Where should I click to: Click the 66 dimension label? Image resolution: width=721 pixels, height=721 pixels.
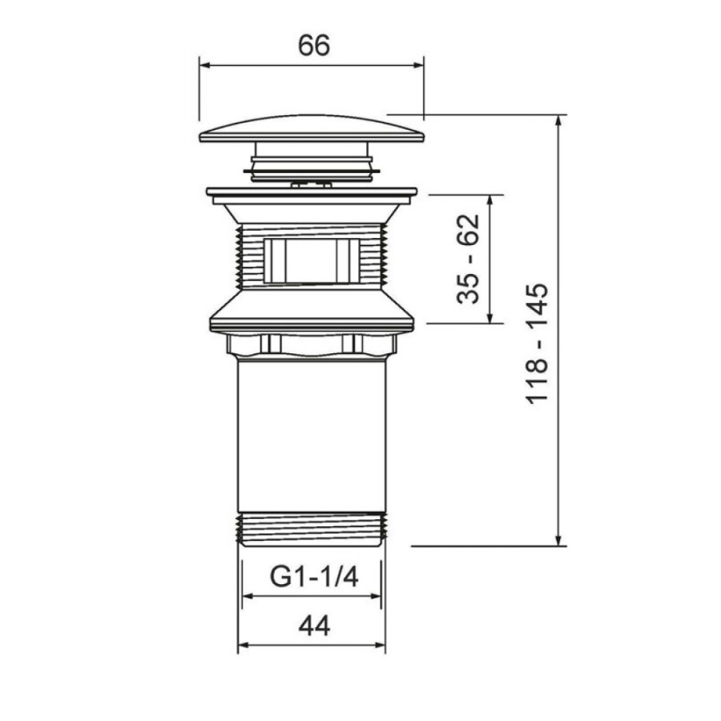(314, 46)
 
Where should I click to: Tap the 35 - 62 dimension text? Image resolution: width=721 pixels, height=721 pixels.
(468, 259)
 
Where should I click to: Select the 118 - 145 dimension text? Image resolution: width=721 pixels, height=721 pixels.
(537, 344)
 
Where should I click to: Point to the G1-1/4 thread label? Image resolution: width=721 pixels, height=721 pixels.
(314, 577)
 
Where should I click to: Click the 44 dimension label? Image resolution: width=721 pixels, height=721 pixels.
(314, 626)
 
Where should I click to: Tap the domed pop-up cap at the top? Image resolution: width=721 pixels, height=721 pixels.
(312, 129)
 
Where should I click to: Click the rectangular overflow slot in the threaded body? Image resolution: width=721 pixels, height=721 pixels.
(311, 260)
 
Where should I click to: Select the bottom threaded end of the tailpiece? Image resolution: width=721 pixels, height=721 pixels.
(312, 530)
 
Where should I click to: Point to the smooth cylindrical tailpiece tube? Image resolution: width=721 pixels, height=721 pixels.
(312, 436)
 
